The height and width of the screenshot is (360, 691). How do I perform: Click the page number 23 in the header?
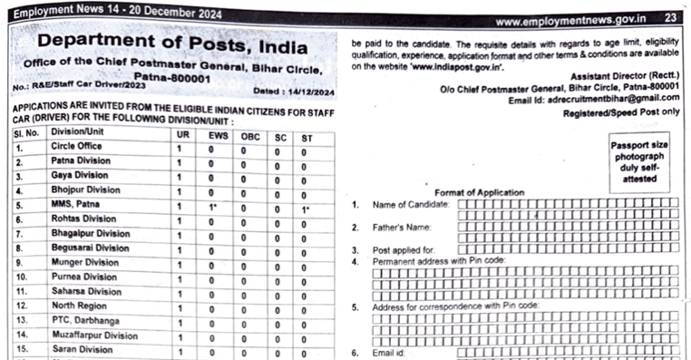[671, 18]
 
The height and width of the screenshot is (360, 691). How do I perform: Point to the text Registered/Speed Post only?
[620, 111]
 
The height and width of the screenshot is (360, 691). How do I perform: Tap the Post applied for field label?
[404, 248]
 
